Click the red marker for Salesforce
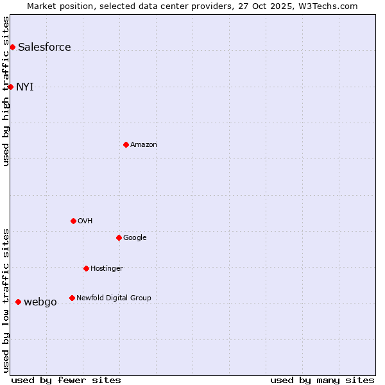point(12,47)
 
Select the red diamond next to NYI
point(10,87)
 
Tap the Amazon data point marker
point(126,144)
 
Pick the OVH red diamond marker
point(73,221)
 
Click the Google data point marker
point(119,237)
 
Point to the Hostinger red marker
point(86,268)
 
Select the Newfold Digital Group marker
point(72,298)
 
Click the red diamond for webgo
point(18,302)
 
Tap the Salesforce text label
point(44,47)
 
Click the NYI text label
point(25,87)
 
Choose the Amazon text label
point(144,144)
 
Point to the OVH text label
point(85,221)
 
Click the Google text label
point(135,237)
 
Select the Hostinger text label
point(107,268)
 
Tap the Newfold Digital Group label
point(114,298)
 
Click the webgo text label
point(40,302)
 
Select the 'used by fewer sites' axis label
point(66,380)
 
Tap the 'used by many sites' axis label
point(322,380)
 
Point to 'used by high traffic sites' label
point(6,91)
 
